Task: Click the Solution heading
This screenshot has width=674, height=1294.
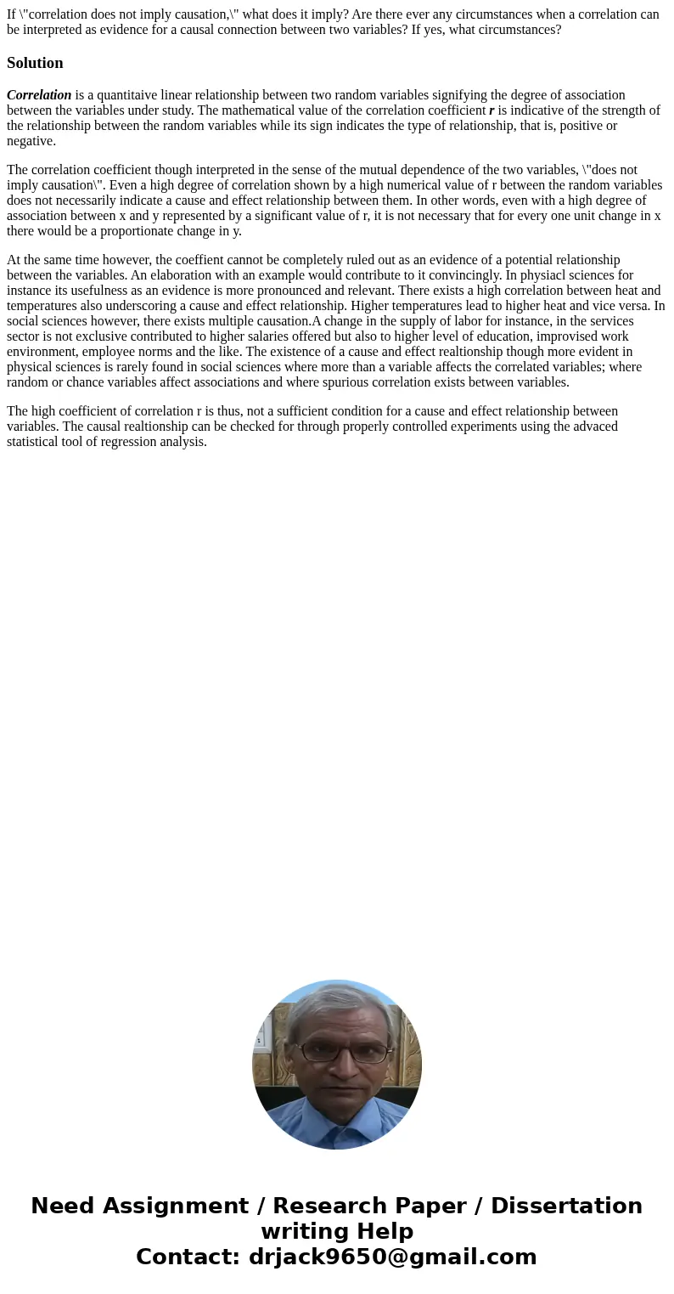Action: point(35,63)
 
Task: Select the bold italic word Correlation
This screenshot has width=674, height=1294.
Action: point(39,95)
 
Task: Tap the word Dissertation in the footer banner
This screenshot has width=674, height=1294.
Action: point(566,1206)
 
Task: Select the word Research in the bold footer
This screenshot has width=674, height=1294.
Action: point(318,1206)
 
